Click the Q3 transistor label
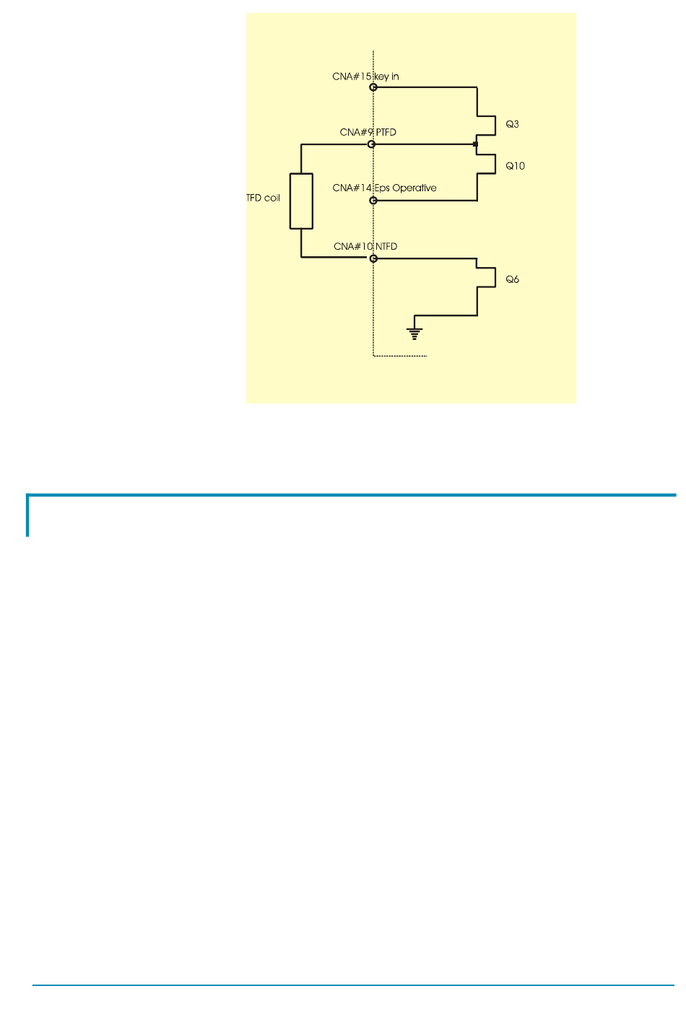click(512, 124)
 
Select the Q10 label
click(515, 166)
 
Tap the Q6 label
click(512, 279)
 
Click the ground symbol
click(414, 333)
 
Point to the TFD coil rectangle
click(301, 201)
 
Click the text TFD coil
click(264, 198)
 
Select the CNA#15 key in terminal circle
click(373, 87)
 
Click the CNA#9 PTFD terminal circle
click(372, 144)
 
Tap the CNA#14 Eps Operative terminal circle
click(373, 200)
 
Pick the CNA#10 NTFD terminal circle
click(373, 258)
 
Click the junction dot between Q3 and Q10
click(475, 144)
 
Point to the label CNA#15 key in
click(365, 77)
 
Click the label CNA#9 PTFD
click(368, 133)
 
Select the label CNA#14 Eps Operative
click(384, 188)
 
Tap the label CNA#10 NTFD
click(365, 247)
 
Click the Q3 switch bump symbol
click(487, 125)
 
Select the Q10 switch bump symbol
click(487, 165)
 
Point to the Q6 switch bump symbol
click(487, 278)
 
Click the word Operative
click(414, 188)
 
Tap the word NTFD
click(386, 247)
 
